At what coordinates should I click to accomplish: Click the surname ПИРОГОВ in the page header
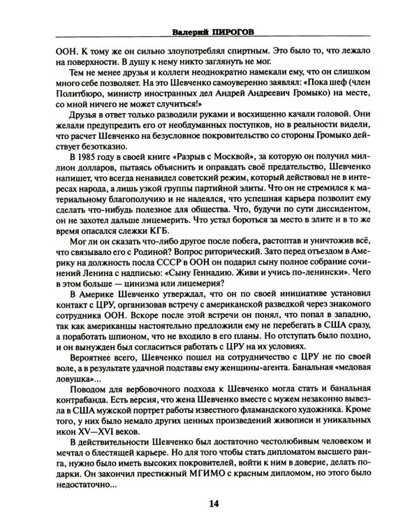227,31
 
